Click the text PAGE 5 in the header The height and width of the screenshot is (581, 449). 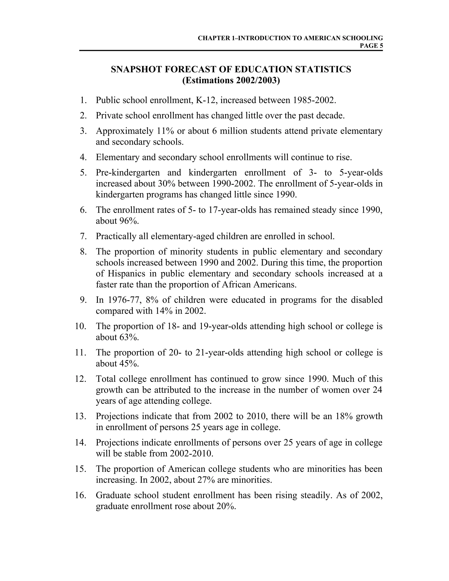click(x=371, y=46)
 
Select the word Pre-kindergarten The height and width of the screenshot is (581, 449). click(x=128, y=173)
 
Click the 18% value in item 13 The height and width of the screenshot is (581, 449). click(x=344, y=416)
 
